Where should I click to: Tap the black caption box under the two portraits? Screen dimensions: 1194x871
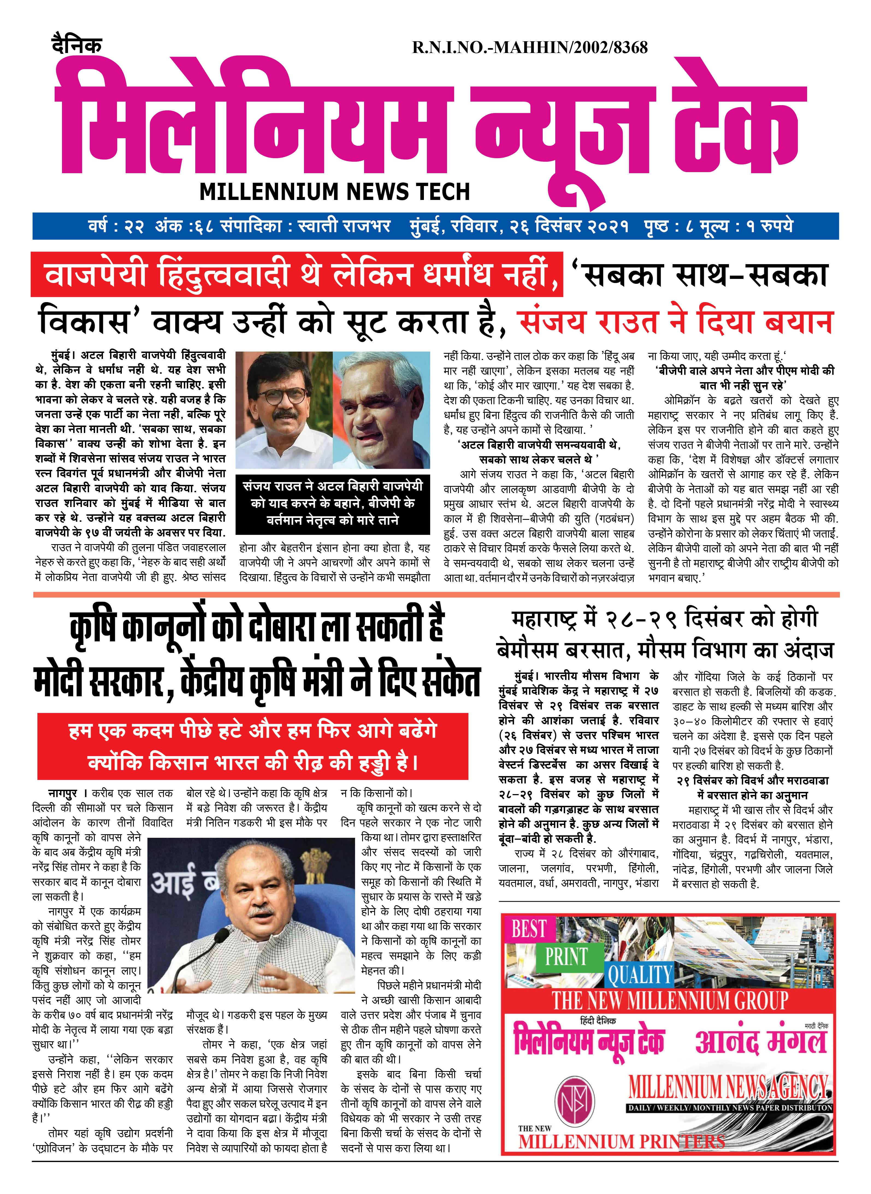(333, 503)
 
